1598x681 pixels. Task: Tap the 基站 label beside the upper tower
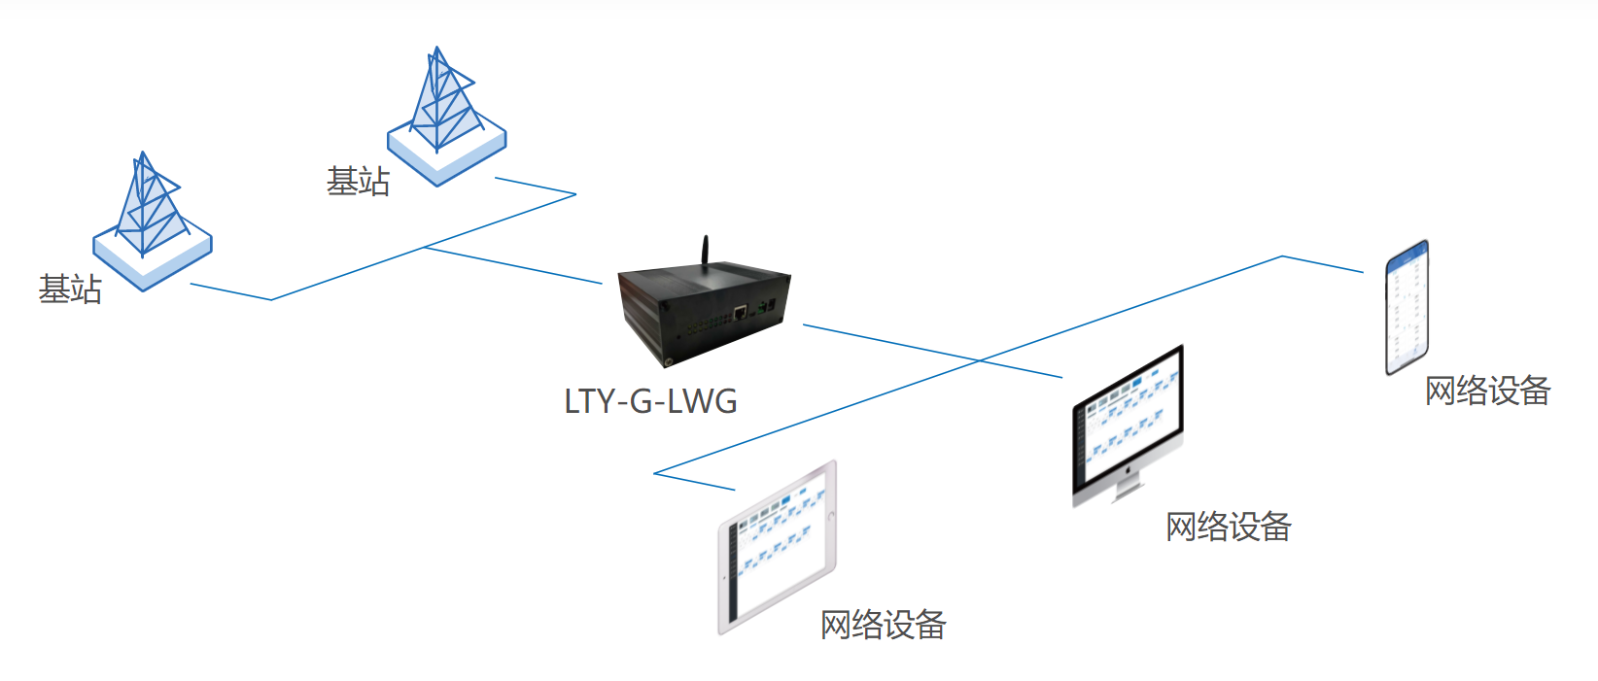point(358,182)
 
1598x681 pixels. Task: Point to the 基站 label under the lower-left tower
point(70,289)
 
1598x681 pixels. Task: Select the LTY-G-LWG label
point(650,401)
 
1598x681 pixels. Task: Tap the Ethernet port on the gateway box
point(741,312)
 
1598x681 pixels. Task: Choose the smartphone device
point(1407,307)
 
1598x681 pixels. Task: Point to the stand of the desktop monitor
point(1127,485)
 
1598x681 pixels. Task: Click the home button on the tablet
point(830,516)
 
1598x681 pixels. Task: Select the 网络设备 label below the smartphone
point(1487,391)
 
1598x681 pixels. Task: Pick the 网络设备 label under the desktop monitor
point(1229,528)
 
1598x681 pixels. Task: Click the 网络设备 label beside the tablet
point(883,625)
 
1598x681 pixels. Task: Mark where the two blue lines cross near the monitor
point(979,360)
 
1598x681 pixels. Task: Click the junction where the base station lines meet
point(425,248)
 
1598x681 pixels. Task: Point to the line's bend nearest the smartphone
point(1283,256)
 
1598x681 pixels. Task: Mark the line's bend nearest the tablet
point(655,473)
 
